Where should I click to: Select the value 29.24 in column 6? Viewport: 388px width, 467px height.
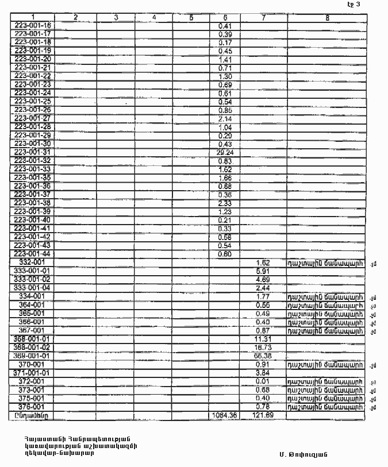click(x=225, y=152)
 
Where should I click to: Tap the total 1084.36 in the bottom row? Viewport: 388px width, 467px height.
click(x=224, y=415)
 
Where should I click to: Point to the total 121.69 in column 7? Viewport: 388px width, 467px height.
click(x=262, y=415)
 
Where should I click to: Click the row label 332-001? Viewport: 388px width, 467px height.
click(x=32, y=262)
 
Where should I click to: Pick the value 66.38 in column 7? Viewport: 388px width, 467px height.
click(x=263, y=356)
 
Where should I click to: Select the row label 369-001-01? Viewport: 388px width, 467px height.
click(x=32, y=356)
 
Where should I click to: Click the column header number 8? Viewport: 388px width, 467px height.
click(x=326, y=17)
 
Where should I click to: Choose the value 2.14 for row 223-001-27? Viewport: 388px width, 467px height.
click(x=225, y=118)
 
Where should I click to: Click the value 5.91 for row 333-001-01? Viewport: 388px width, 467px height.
click(x=263, y=271)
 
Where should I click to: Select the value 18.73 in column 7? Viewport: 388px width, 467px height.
click(x=263, y=348)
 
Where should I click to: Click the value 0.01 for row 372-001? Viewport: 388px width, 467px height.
click(x=263, y=381)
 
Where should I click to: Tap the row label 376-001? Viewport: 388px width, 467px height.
click(x=32, y=406)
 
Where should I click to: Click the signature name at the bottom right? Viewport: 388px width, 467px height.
click(x=304, y=455)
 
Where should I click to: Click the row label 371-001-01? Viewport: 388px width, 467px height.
click(x=32, y=373)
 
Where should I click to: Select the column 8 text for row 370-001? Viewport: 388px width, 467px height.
click(x=326, y=365)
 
